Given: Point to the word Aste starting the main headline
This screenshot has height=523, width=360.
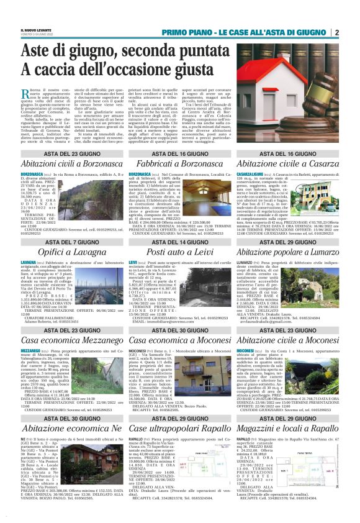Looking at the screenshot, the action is tap(38, 52).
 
